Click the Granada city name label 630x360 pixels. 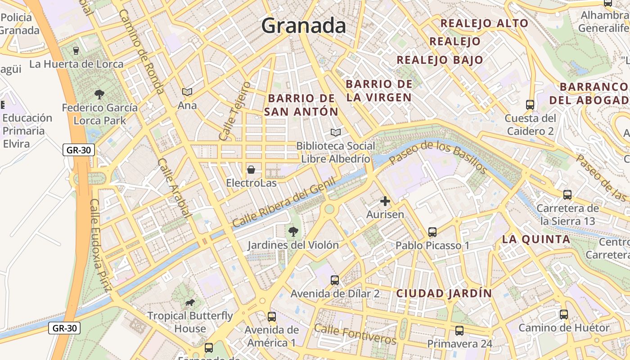[x=304, y=26]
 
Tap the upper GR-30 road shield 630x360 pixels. [x=79, y=150]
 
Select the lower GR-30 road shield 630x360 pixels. [x=64, y=328]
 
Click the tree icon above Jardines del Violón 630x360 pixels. [x=293, y=232]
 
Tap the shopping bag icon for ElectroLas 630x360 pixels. [x=251, y=170]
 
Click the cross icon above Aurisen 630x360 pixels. [x=385, y=201]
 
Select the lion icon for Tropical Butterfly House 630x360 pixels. [x=190, y=302]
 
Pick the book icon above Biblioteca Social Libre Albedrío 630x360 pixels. [x=335, y=132]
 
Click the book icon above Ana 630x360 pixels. [x=187, y=92]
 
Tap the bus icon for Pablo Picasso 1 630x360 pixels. [x=432, y=232]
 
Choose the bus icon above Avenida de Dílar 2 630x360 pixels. [x=335, y=280]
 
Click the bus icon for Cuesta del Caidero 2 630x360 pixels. [x=530, y=105]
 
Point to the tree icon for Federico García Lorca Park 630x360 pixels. [x=99, y=94]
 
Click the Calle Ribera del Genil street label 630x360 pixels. [x=284, y=202]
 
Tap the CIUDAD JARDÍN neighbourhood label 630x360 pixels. [x=444, y=293]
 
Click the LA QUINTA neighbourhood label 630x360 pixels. [x=536, y=239]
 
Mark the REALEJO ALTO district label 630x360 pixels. [x=484, y=23]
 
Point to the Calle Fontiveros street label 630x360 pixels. [x=355, y=334]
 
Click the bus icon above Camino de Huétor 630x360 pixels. [x=564, y=315]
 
